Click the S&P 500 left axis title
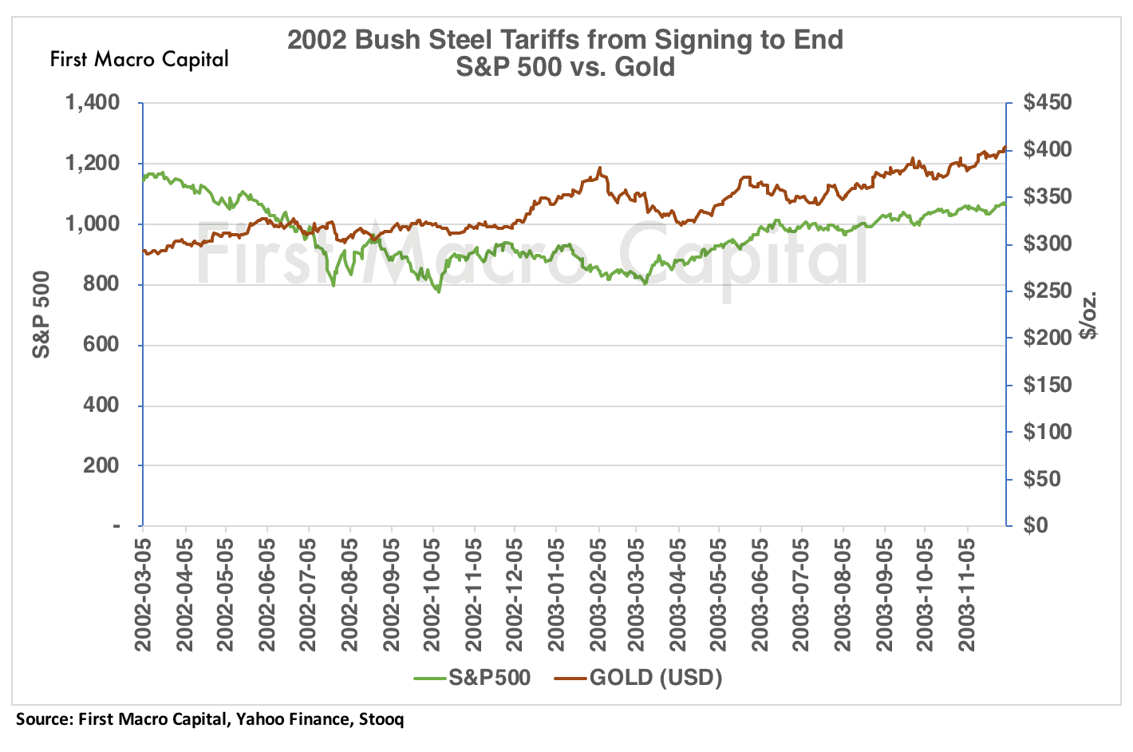click(x=41, y=315)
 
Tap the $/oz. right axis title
click(x=1088, y=315)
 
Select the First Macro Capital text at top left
click(x=139, y=59)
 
